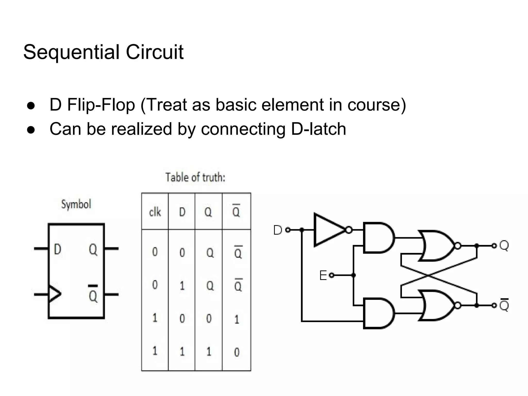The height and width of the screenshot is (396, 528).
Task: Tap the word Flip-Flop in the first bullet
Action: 101,105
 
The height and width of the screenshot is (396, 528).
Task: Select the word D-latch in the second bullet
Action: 318,129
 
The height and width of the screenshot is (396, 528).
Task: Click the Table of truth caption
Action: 195,178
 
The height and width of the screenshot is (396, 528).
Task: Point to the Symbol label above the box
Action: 76,204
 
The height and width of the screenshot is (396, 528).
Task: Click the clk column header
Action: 155,212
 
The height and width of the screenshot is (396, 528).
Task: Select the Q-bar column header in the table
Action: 236,211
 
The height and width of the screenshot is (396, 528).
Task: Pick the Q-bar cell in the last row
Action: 237,352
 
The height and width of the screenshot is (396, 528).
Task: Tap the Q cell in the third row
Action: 209,319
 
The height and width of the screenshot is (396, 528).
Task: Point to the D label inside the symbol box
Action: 57,249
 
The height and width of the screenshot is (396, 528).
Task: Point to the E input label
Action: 323,275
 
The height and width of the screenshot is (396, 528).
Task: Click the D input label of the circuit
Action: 277,230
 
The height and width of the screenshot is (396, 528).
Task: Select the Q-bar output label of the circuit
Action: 504,305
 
